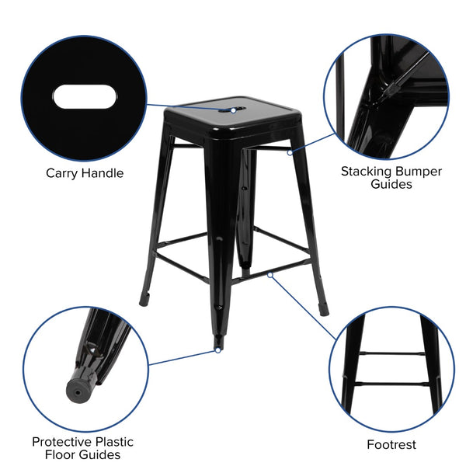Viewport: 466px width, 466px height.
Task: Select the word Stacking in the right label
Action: click(369, 170)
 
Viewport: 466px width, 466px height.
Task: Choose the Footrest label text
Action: click(391, 445)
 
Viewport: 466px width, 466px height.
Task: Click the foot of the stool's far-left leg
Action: click(144, 297)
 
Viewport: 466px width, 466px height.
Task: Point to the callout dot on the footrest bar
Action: click(269, 273)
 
